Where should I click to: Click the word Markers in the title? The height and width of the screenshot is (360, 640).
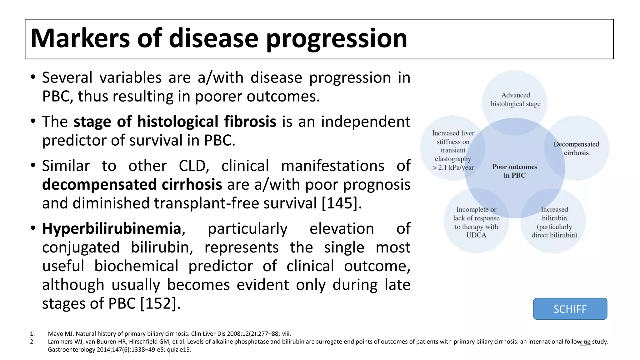pyautogui.click(x=80, y=38)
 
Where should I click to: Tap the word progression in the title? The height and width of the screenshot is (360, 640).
pyautogui.click(x=337, y=39)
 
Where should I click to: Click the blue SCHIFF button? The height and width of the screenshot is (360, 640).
pyautogui.click(x=570, y=309)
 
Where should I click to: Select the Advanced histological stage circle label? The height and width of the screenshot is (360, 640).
pyautogui.click(x=515, y=99)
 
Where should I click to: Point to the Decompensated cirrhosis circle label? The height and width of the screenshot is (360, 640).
pyautogui.click(x=576, y=148)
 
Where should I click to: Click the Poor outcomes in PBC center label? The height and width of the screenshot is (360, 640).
pyautogui.click(x=515, y=171)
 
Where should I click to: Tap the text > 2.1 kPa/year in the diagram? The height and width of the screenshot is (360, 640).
pyautogui.click(x=453, y=167)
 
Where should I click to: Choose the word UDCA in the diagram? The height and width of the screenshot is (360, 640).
pyautogui.click(x=476, y=235)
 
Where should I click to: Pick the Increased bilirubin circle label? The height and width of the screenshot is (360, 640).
pyautogui.click(x=554, y=214)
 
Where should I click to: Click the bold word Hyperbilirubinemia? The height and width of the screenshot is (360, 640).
pyautogui.click(x=112, y=228)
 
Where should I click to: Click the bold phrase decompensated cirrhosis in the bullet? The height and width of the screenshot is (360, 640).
pyautogui.click(x=132, y=185)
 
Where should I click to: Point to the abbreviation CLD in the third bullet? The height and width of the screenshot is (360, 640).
pyautogui.click(x=193, y=166)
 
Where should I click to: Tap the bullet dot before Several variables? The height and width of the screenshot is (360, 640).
pyautogui.click(x=33, y=77)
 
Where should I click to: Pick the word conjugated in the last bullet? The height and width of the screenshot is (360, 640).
pyautogui.click(x=81, y=247)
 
